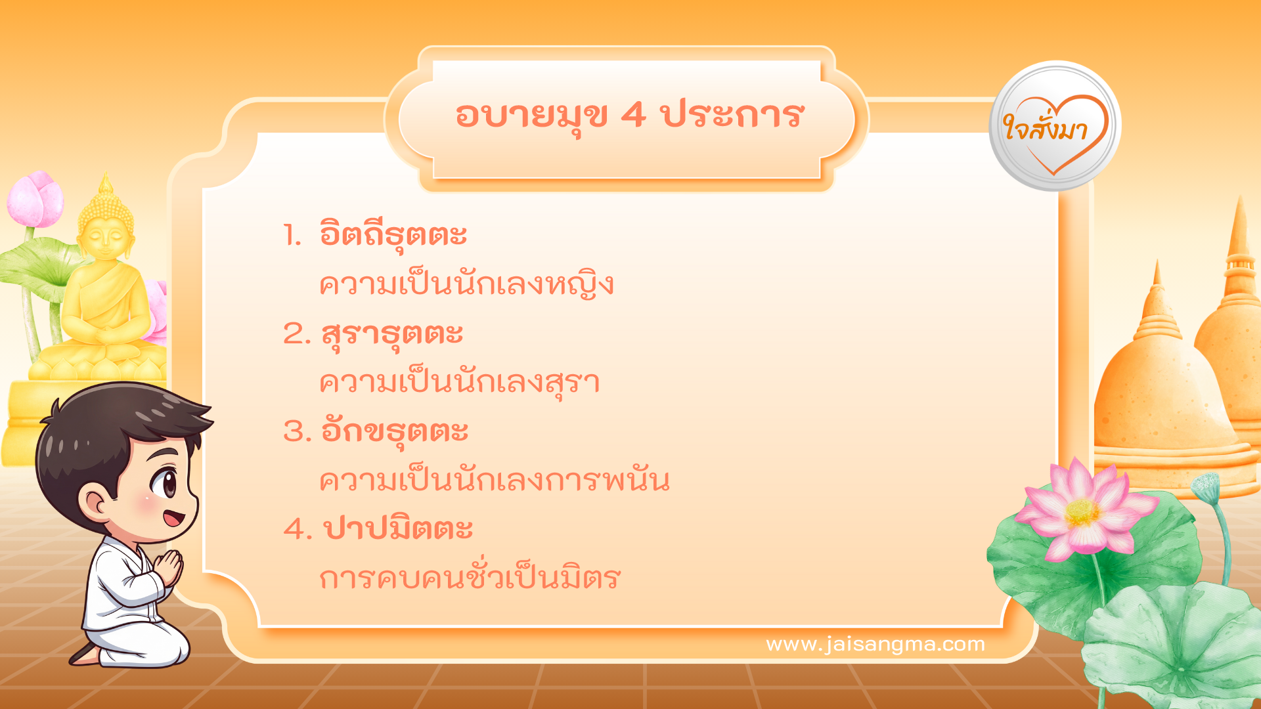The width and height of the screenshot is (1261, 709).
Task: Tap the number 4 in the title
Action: pos(633,116)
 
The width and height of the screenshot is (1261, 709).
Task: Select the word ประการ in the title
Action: pos(732,116)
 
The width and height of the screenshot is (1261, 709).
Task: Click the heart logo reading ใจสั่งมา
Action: pos(1055,127)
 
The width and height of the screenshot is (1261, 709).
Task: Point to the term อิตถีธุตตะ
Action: pos(393,235)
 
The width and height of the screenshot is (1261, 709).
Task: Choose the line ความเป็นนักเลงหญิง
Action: pos(466,285)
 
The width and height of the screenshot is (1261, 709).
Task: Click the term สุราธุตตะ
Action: pos(392,333)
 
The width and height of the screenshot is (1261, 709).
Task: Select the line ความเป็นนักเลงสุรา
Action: pos(459,383)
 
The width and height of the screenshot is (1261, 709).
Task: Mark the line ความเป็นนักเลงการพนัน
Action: pos(494,481)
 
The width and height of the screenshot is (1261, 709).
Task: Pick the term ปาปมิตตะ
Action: pos(398,528)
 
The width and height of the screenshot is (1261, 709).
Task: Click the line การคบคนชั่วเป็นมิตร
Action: pos(470,578)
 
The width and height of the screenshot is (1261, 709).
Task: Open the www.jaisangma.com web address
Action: pos(875,644)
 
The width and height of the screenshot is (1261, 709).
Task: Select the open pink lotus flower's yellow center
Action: pos(1082,512)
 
